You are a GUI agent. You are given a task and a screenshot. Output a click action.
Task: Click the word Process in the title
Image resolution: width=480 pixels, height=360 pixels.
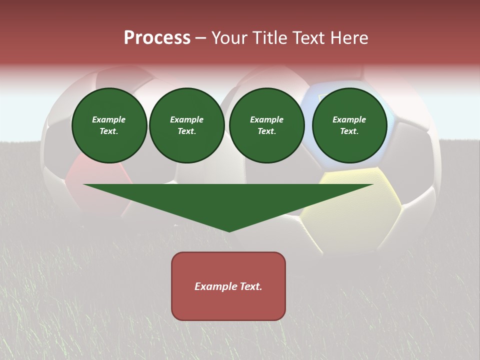(157, 38)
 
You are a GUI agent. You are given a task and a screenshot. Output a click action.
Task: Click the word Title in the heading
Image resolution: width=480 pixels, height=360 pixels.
(269, 38)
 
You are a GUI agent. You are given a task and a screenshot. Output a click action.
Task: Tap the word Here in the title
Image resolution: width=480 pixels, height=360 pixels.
(348, 38)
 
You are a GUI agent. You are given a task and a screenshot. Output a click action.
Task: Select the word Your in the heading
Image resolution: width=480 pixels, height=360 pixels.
(230, 38)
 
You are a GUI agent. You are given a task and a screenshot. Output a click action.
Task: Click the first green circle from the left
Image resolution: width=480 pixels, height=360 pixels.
(109, 125)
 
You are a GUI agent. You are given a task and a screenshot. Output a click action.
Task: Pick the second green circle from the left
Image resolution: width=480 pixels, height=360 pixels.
(187, 125)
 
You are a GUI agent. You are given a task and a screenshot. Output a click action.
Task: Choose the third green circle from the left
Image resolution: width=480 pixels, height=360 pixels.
(267, 125)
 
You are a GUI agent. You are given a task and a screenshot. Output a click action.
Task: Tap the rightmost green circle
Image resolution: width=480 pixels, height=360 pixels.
(349, 125)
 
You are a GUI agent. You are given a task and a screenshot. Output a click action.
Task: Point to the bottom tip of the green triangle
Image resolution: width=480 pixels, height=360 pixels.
(229, 231)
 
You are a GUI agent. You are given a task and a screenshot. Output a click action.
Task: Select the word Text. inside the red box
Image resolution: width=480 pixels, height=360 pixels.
(250, 286)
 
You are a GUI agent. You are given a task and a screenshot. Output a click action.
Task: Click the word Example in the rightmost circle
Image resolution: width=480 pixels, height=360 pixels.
(349, 119)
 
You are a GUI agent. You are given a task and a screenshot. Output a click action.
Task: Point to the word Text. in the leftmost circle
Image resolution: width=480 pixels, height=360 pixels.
(109, 131)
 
